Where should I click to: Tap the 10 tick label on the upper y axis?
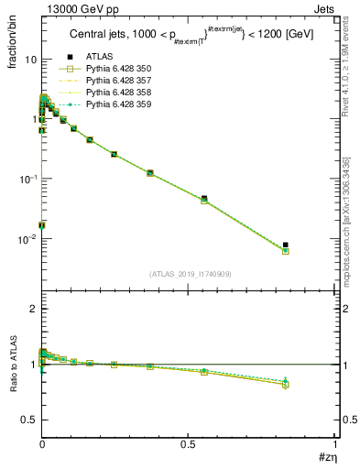pyautogui.click(x=29, y=60)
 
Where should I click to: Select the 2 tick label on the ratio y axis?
pyautogui.click(x=32, y=309)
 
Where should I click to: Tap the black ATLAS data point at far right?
pyautogui.click(x=286, y=245)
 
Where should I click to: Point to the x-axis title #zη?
pyautogui.click(x=324, y=458)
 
